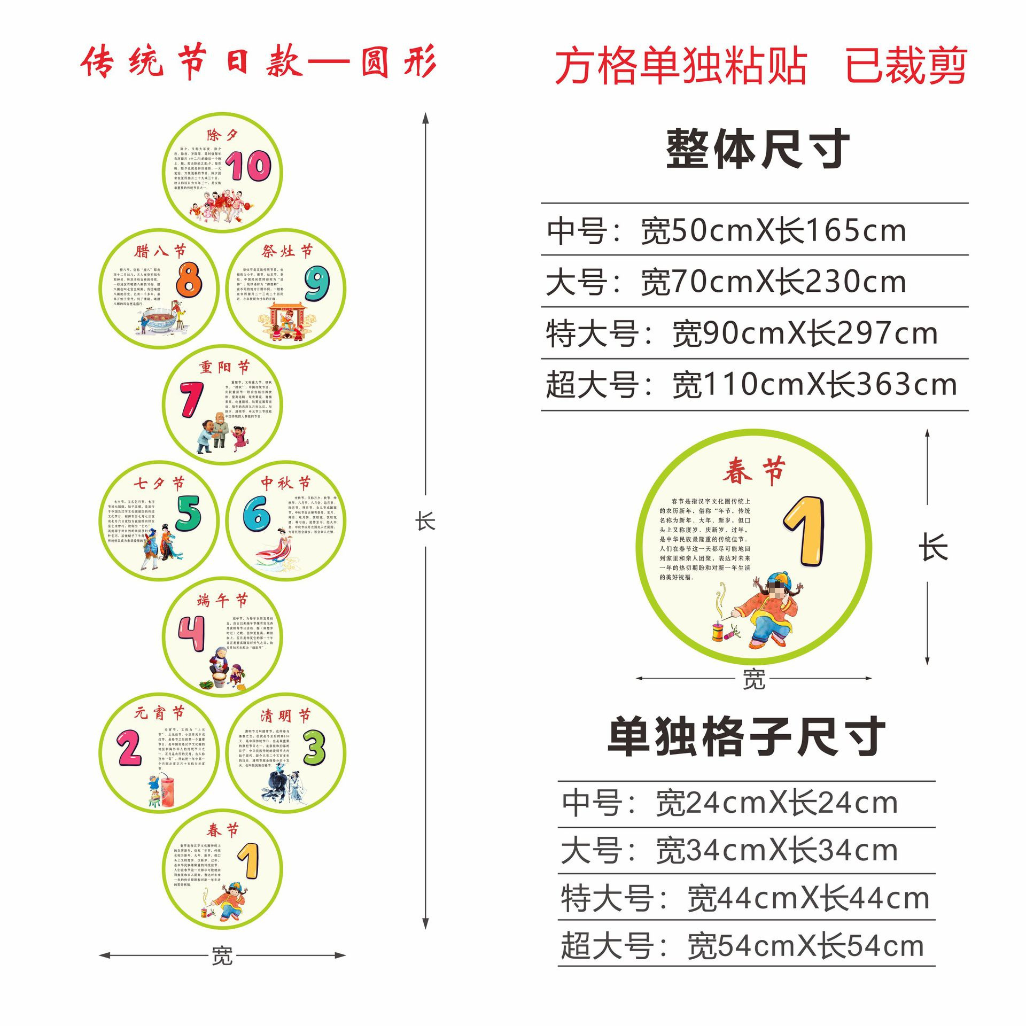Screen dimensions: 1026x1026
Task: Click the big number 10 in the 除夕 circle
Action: [x=248, y=166]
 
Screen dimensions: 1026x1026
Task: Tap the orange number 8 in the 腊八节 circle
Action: [x=189, y=279]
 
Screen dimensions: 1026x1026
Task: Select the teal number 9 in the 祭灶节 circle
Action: [x=317, y=283]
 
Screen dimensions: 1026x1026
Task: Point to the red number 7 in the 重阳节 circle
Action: [x=191, y=399]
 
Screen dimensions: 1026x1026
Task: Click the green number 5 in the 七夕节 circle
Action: [x=189, y=513]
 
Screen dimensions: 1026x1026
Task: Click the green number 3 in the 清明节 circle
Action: [x=315, y=748]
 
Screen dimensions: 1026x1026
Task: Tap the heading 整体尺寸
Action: [x=758, y=149]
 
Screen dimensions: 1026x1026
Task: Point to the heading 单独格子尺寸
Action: [x=746, y=737]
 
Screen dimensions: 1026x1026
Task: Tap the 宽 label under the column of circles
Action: [x=222, y=955]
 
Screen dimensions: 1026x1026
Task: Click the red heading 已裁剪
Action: [x=906, y=66]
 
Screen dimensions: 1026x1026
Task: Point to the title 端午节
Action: [x=222, y=601]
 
